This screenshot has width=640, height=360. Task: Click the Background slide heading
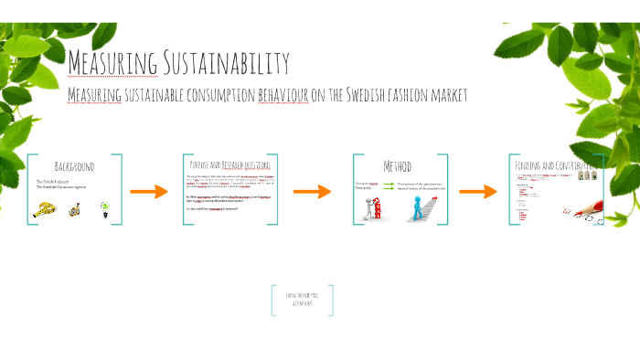click(74, 166)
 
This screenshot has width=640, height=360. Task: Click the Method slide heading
click(397, 166)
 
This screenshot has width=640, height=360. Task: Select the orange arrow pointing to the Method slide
click(312, 192)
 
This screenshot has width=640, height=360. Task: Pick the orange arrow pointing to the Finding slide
click(477, 192)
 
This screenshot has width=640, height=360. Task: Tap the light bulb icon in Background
click(104, 207)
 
